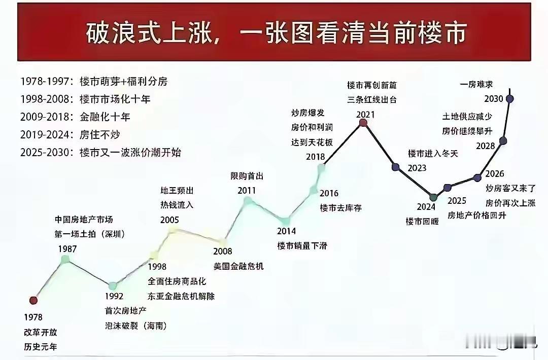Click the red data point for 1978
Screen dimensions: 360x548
pyautogui.click(x=33, y=300)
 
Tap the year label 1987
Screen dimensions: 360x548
pyautogui.click(x=67, y=249)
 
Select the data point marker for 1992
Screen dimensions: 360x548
pyautogui.click(x=113, y=286)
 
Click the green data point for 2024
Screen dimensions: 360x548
pyautogui.click(x=433, y=197)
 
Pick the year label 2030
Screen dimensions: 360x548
pyautogui.click(x=494, y=98)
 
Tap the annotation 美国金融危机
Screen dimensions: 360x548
pyautogui.click(x=238, y=266)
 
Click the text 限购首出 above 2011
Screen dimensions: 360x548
pyautogui.click(x=247, y=176)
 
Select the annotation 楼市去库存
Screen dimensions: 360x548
pyautogui.click(x=340, y=207)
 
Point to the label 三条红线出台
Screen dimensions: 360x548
pyautogui.click(x=372, y=99)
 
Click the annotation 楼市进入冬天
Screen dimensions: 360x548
pyautogui.click(x=433, y=154)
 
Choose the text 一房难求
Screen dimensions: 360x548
pyautogui.click(x=476, y=84)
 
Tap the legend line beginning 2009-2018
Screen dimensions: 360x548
pyautogui.click(x=76, y=117)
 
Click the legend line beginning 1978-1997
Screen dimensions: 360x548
pyautogui.click(x=94, y=81)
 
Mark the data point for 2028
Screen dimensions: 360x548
pyautogui.click(x=503, y=140)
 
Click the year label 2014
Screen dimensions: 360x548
pyautogui.click(x=287, y=232)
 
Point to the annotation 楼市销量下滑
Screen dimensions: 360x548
pyautogui.click(x=302, y=246)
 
